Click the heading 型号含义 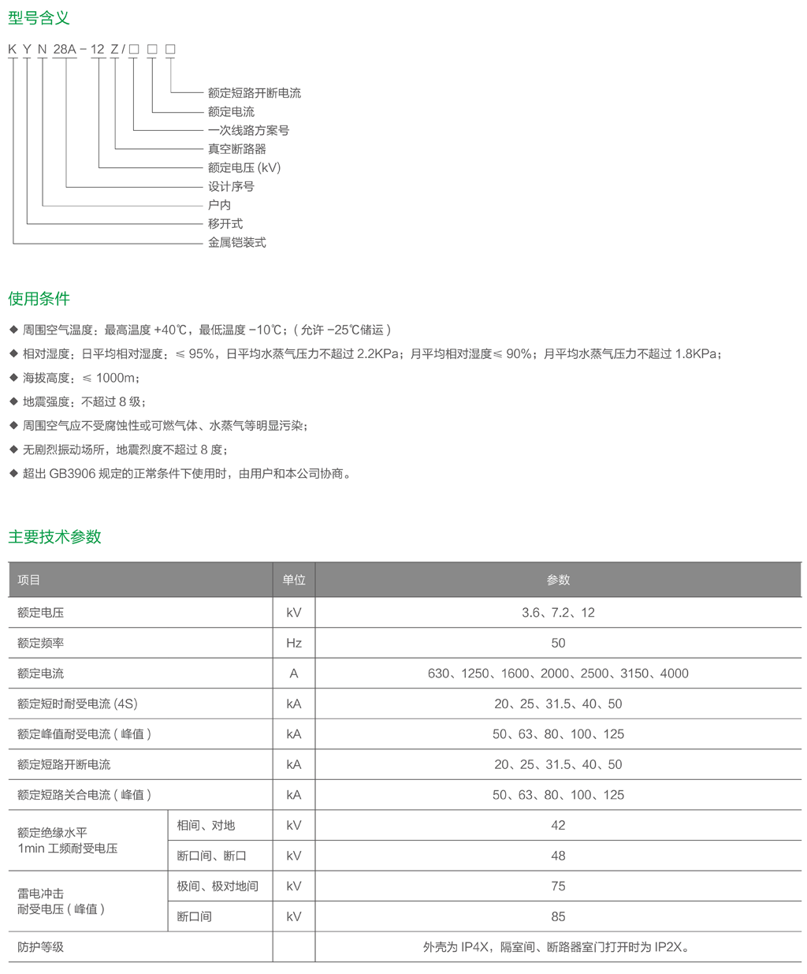point(39,17)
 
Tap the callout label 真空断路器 point(236,149)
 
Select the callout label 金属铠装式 point(236,243)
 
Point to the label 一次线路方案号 point(248,130)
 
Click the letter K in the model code point(13,50)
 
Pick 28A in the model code point(65,50)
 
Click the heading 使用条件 point(39,299)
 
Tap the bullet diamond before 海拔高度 point(13,378)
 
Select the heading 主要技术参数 point(54,537)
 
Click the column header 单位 point(294,580)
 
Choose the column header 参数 point(558,580)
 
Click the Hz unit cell point(294,644)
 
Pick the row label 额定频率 point(41,644)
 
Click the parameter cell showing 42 point(558,826)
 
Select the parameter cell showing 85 point(558,917)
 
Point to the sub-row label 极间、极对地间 point(218,886)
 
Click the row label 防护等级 point(41,947)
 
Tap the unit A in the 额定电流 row point(294,674)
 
